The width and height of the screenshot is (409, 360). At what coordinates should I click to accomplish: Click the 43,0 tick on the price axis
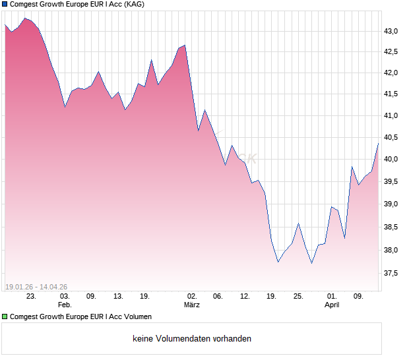coord(392,31)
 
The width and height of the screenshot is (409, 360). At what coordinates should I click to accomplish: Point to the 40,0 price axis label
coord(392,160)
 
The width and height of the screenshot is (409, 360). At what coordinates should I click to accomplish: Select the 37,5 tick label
coord(392,273)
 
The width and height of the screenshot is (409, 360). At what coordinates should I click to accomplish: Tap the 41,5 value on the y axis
coord(392,95)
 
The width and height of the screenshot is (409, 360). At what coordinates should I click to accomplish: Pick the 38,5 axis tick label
coord(392,227)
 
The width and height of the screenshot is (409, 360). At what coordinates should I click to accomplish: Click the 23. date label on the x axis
coord(31,296)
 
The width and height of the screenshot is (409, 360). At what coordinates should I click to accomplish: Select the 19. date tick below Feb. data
coord(144,296)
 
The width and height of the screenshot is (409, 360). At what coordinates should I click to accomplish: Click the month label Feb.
coord(65,305)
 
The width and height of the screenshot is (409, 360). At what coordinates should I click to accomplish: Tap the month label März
coord(192,305)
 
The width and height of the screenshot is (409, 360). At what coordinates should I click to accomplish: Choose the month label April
coord(332,305)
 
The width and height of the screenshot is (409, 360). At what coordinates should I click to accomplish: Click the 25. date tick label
coord(298,296)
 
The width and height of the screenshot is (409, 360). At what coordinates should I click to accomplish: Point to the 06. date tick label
coord(218,296)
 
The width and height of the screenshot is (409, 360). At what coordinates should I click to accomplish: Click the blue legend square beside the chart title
coord(5,5)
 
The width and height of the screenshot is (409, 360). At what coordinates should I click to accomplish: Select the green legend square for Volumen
coord(5,317)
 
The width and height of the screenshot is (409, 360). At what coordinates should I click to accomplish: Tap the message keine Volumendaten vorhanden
coord(192,339)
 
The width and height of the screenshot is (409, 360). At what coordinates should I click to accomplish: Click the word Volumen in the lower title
coord(137,317)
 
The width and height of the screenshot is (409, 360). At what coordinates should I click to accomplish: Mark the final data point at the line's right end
coord(378,143)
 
